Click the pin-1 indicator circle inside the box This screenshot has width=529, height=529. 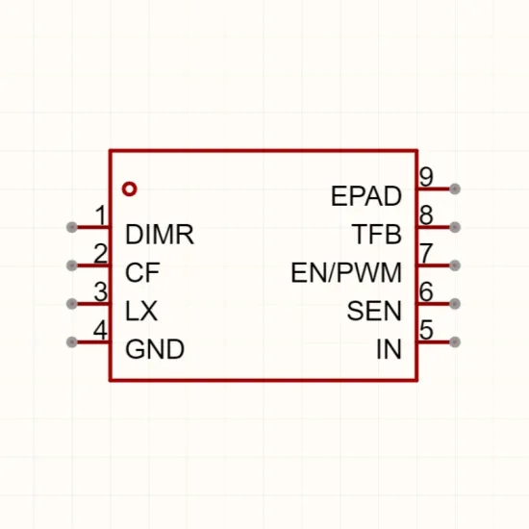click(130, 183)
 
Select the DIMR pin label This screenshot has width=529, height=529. click(160, 234)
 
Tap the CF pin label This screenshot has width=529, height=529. click(142, 272)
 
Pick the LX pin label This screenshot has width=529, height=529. click(141, 311)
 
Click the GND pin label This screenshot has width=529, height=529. click(155, 349)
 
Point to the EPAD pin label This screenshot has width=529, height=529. click(366, 196)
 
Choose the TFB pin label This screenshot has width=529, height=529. click(377, 234)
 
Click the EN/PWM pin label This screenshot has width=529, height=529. click(346, 272)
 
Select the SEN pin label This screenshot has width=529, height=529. click(374, 311)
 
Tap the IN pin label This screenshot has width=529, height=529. click(389, 349)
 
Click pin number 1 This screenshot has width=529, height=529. click(101, 215)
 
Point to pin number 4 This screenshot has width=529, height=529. click(100, 330)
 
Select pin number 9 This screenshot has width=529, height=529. click(426, 177)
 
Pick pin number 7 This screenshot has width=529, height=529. click(426, 253)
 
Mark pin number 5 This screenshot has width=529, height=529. click(426, 330)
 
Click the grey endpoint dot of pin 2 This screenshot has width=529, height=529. click(72, 265)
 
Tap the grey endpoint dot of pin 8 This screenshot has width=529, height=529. click(455, 227)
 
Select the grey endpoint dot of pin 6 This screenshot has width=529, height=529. click(455, 304)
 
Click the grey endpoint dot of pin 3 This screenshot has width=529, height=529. click(72, 304)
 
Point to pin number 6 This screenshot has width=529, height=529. click(426, 291)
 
